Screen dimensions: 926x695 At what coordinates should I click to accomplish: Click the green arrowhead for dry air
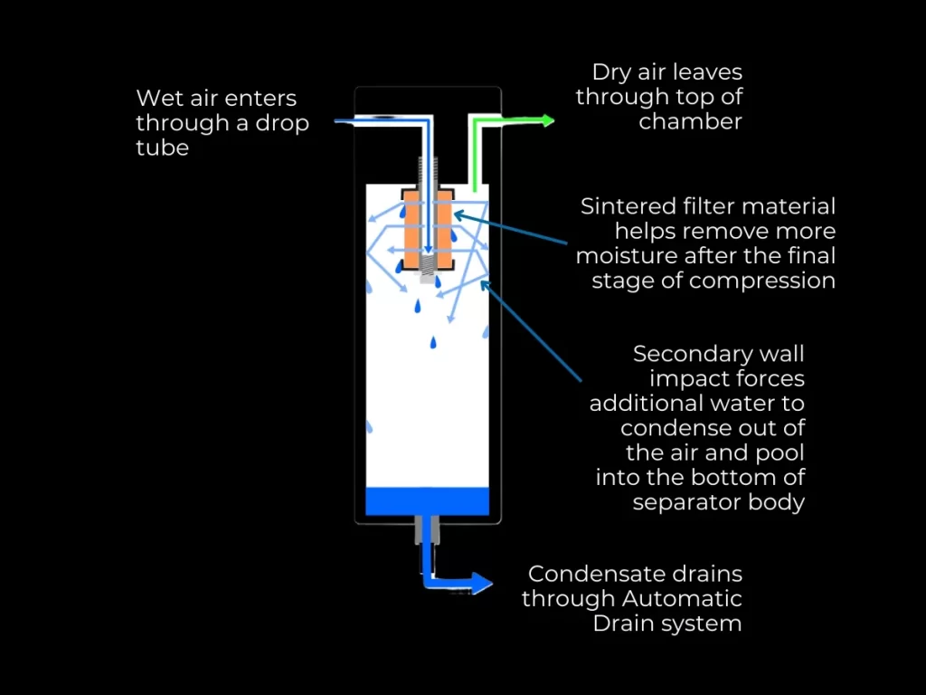coord(548,121)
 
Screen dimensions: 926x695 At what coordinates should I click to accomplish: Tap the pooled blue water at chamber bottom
coord(427,501)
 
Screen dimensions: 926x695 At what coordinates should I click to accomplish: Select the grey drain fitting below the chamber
coord(427,529)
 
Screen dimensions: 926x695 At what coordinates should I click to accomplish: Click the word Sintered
coord(628,206)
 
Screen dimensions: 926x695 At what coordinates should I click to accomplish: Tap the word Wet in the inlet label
coord(159,98)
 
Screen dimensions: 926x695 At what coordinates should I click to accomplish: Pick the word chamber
coord(690,122)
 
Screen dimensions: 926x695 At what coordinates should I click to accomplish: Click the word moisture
coord(627,256)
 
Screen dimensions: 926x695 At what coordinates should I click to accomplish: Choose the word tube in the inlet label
coord(163,148)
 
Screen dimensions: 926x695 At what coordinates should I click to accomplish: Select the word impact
coord(684,379)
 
